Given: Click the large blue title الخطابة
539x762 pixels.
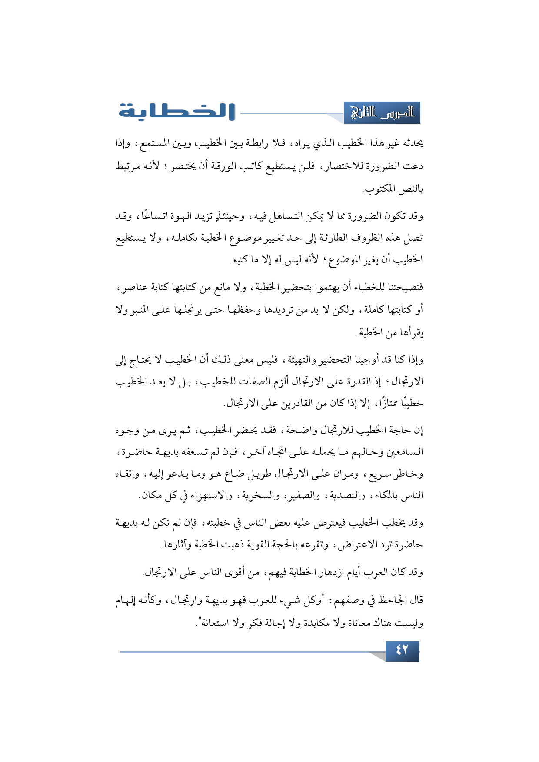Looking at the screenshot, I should (177, 112).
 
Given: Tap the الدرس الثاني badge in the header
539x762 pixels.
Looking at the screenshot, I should (382, 113).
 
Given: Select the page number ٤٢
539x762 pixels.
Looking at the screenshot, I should (402, 650).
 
